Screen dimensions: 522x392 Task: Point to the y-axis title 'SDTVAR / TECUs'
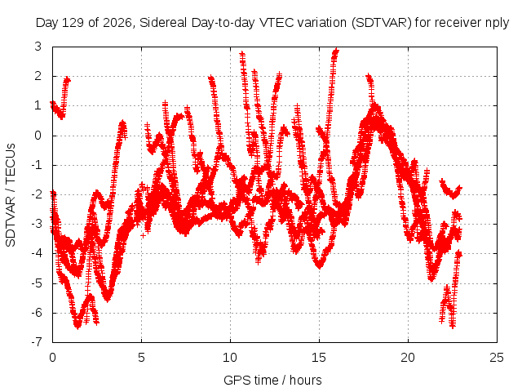click(x=11, y=195)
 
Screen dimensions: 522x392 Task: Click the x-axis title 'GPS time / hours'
click(x=272, y=380)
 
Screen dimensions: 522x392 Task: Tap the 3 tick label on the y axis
click(x=38, y=47)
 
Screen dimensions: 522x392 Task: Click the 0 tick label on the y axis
click(x=38, y=136)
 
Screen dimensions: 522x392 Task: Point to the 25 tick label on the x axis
click(x=497, y=358)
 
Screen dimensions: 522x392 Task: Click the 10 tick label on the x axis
click(x=230, y=358)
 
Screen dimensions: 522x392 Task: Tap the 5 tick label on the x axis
click(x=141, y=358)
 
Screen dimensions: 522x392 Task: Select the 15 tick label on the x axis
click(x=319, y=358)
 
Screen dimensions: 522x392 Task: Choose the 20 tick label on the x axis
click(x=408, y=358)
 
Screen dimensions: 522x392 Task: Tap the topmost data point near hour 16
click(x=337, y=51)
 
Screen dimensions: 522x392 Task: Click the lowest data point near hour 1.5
click(x=78, y=326)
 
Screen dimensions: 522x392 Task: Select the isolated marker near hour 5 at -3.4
click(x=144, y=236)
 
